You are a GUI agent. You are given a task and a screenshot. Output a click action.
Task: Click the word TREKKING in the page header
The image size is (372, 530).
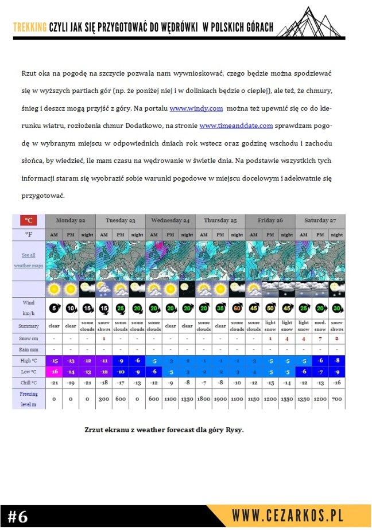tap(30, 28)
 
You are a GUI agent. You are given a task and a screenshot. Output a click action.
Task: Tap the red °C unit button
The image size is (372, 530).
tap(29, 220)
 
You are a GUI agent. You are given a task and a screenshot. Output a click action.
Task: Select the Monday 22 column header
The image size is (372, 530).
tap(70, 220)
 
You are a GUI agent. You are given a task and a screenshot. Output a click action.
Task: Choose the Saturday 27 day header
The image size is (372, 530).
tap(320, 220)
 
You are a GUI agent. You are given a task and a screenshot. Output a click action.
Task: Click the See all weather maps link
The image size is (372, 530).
tap(28, 260)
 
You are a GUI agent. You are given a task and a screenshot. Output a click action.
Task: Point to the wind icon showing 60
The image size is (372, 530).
tap(237, 309)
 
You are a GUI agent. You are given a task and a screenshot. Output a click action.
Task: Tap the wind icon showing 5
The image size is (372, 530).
tap(54, 309)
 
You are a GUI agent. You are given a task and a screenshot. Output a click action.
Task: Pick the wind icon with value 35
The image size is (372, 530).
tap(220, 309)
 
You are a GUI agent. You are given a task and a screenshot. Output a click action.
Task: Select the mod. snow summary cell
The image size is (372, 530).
tap(320, 326)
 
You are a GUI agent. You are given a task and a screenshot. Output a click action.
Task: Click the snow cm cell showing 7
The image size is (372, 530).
tap(320, 338)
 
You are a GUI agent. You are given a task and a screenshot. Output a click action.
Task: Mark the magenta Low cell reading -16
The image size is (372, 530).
tap(54, 371)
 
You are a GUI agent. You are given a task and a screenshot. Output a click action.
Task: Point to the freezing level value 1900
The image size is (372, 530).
tap(220, 399)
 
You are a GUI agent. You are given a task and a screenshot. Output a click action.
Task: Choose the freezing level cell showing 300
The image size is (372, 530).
tap(104, 399)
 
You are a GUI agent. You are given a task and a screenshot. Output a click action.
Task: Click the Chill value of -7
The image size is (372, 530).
tap(204, 382)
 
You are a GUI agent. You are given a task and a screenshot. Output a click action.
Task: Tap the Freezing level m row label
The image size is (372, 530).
tap(28, 398)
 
